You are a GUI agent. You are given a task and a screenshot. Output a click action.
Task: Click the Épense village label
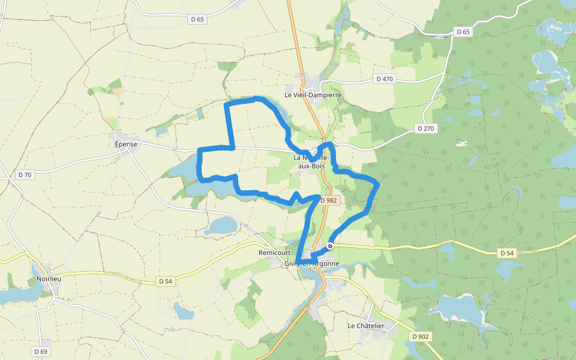[x=126, y=144]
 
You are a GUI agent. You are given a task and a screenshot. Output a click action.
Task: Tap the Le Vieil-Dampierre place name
[x=313, y=95]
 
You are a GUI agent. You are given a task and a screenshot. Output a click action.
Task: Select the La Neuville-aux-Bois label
[x=311, y=161]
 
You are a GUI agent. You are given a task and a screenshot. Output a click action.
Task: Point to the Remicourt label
[x=274, y=253]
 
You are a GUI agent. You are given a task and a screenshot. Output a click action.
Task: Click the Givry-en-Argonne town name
[x=312, y=263]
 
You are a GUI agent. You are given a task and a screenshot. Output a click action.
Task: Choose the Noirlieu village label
[x=49, y=279]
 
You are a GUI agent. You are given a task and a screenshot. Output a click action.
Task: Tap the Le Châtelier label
[x=366, y=326]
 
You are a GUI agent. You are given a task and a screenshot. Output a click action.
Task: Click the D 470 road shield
[x=384, y=79]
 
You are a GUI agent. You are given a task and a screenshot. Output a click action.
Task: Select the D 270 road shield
[x=426, y=128]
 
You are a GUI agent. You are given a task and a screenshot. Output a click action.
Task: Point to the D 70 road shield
[x=25, y=175]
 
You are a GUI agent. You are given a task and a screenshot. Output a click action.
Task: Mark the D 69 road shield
[x=40, y=351]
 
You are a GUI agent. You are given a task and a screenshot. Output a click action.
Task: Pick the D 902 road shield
[x=421, y=337]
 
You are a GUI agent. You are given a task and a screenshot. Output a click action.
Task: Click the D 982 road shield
[x=328, y=200]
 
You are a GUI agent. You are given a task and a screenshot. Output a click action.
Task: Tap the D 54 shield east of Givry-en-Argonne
[x=507, y=253]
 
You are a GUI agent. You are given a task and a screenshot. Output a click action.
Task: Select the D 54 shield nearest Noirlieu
[x=166, y=281]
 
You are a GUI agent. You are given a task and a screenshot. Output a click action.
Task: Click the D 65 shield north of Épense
[x=197, y=19]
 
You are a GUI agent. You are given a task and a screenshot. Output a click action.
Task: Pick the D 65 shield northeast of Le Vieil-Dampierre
[x=462, y=32]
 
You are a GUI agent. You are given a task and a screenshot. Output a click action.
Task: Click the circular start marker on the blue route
[x=330, y=246]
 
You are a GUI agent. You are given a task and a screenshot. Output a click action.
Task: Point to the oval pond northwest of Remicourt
[x=221, y=226]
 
